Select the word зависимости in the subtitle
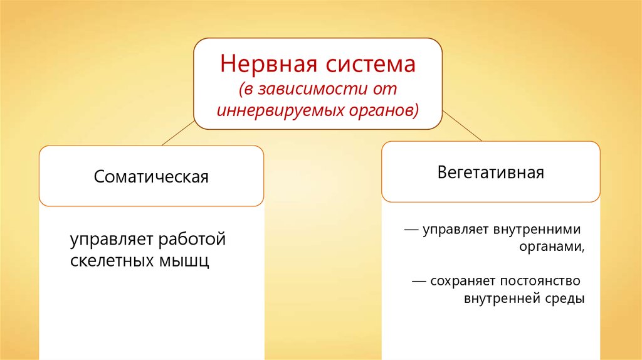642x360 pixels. tap(313, 89)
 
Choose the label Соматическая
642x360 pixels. tap(151, 177)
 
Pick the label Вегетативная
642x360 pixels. tap(490, 172)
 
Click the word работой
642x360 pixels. tap(192, 239)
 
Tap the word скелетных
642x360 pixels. tap(112, 260)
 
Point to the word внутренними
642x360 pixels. tap(537, 229)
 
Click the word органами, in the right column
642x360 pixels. tap(552, 247)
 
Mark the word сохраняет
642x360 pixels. tap(463, 282)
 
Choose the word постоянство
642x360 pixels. tap(540, 281)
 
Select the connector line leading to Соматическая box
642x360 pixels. tap(179, 133)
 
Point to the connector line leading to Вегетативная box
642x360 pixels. tap(462, 125)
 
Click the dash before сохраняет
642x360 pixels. tap(419, 282)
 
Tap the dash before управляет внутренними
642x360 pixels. tap(411, 230)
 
